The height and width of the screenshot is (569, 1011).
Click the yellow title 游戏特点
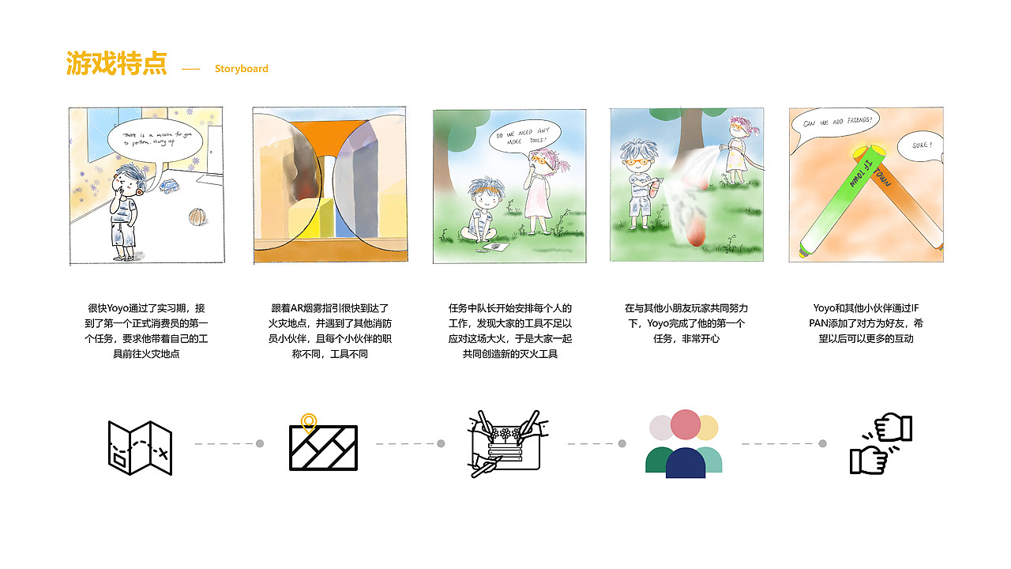[x=116, y=64]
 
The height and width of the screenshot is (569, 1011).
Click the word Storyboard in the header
[x=241, y=69]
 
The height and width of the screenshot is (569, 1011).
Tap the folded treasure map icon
[x=140, y=447]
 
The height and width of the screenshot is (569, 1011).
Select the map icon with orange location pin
[x=322, y=445]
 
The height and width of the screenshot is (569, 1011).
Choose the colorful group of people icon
[x=684, y=444]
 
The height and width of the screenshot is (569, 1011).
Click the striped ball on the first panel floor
[x=197, y=217]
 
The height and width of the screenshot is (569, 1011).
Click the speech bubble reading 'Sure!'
[x=920, y=146]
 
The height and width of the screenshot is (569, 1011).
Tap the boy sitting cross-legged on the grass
[x=481, y=213]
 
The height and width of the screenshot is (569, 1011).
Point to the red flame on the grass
[x=696, y=237]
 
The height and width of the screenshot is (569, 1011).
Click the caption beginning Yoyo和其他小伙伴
[x=867, y=323]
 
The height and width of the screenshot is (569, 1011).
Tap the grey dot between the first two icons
[x=260, y=444]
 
